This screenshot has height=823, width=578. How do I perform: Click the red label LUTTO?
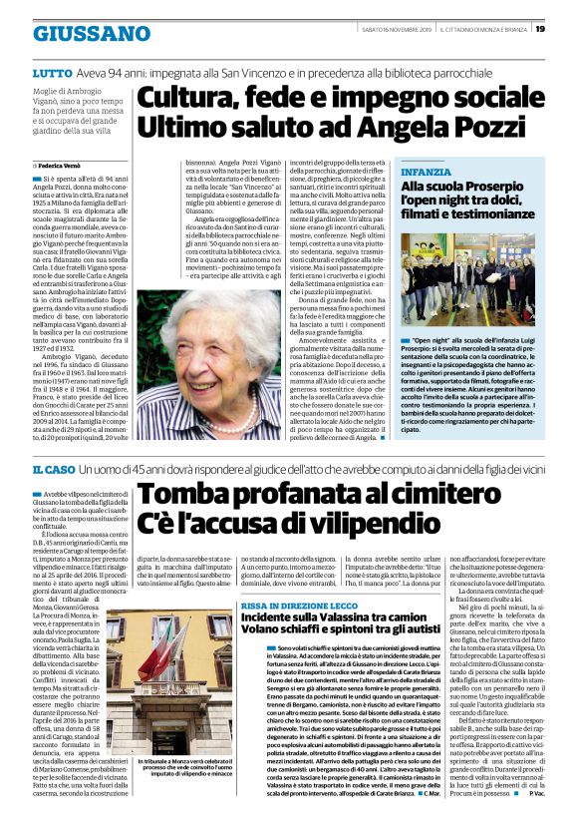[51, 72]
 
